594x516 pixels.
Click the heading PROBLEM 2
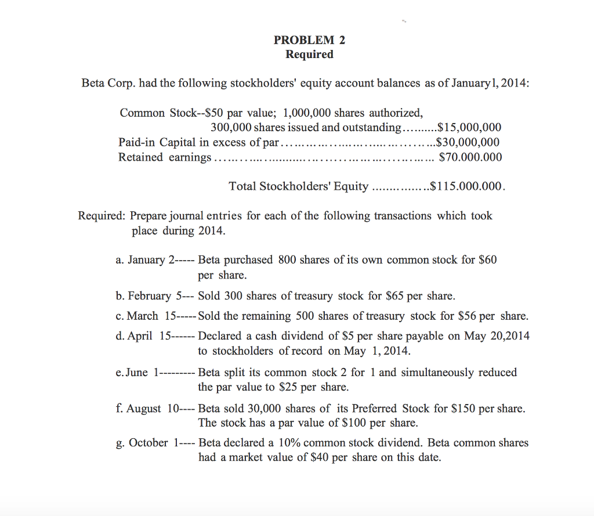(x=309, y=40)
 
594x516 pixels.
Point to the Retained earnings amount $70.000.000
(x=470, y=157)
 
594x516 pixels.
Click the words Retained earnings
(x=165, y=157)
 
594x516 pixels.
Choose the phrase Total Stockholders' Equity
(x=298, y=186)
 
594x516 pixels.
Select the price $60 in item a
(x=488, y=259)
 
